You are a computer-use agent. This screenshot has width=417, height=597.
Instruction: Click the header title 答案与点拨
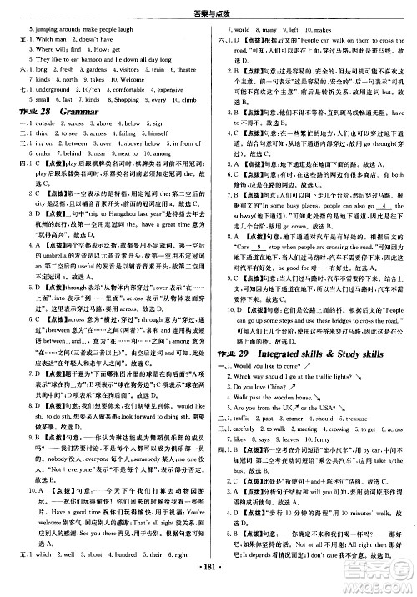click(209, 8)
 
